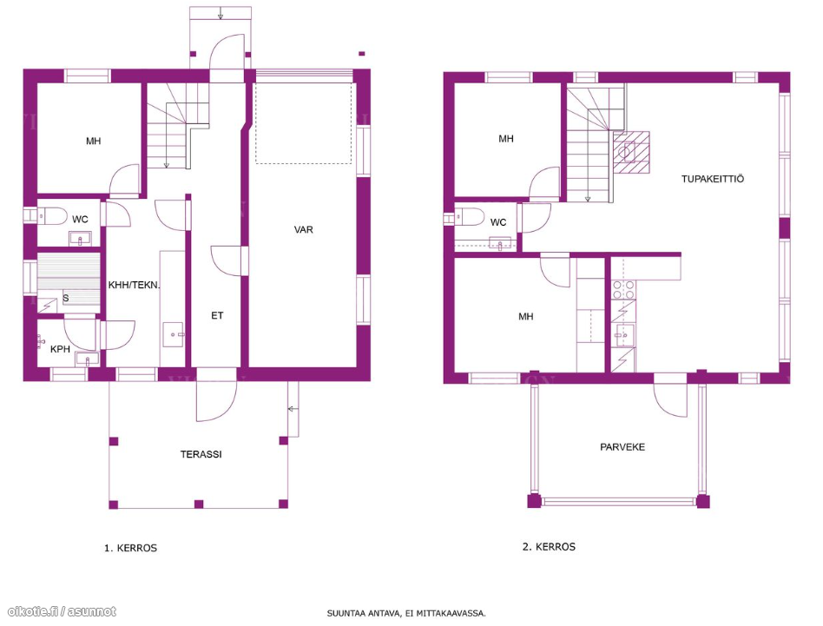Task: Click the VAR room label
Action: [303, 230]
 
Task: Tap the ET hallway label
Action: [217, 315]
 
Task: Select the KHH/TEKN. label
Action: [134, 285]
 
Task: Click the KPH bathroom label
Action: [61, 349]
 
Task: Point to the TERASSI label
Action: [201, 454]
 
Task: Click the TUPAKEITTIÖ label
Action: [712, 179]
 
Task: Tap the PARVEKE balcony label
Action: [622, 447]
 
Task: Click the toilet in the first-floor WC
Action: [50, 215]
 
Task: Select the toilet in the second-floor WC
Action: [470, 216]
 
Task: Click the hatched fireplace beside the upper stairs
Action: [631, 153]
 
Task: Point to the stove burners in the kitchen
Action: [623, 290]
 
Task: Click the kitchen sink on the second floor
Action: [624, 335]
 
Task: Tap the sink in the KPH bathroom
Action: [87, 360]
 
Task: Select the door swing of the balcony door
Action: [670, 400]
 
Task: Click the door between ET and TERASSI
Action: [217, 401]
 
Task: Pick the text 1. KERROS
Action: [131, 549]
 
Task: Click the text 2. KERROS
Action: [549, 547]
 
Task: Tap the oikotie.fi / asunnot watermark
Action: [62, 612]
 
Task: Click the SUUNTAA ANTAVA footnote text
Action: [406, 613]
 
